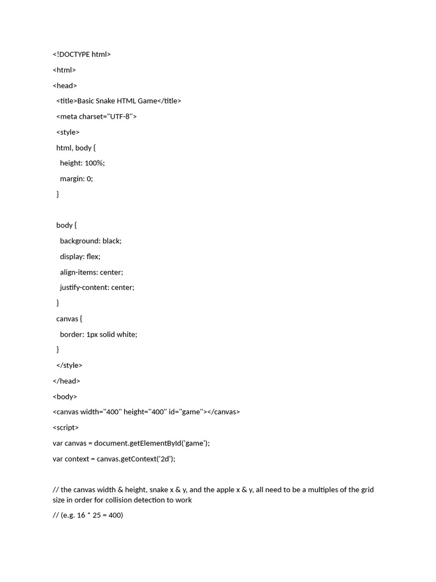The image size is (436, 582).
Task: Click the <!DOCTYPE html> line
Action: click(x=82, y=55)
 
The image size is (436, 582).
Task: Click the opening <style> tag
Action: click(x=68, y=132)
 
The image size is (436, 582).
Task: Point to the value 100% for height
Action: click(x=94, y=163)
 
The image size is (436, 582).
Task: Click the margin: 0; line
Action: click(x=76, y=178)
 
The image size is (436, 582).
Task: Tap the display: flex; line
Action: click(x=80, y=256)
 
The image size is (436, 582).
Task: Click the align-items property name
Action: click(x=78, y=272)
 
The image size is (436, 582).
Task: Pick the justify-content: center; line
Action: click(x=97, y=288)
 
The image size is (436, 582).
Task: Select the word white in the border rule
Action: click(x=126, y=334)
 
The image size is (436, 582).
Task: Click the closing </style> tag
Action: click(x=69, y=365)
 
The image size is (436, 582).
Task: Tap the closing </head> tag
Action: click(x=66, y=381)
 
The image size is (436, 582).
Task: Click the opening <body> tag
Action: click(x=65, y=397)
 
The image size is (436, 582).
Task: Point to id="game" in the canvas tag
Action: click(x=185, y=412)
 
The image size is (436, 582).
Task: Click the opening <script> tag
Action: click(x=66, y=427)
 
